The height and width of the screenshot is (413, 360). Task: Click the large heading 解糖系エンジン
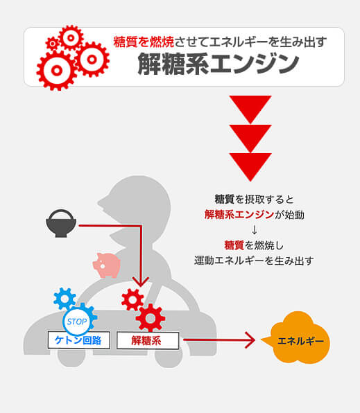(x=218, y=64)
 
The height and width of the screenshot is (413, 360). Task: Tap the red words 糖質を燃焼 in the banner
(x=144, y=42)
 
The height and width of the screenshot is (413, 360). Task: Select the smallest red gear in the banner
(x=53, y=44)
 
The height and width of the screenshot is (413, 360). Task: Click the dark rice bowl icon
(x=61, y=223)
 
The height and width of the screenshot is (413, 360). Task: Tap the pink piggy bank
(x=107, y=265)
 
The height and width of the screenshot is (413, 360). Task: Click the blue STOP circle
(x=76, y=322)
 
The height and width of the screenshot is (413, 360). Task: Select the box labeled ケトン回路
(x=79, y=340)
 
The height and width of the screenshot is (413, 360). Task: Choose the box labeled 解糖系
(x=148, y=340)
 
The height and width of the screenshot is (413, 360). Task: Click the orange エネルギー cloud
(x=298, y=338)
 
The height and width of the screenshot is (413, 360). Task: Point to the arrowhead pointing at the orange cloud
(x=250, y=340)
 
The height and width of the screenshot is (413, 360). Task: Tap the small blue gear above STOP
(x=65, y=299)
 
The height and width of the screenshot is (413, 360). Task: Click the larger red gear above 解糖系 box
(x=151, y=318)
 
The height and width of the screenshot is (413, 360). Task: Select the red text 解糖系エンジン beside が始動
(x=239, y=215)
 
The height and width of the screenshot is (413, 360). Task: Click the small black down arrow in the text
(x=255, y=230)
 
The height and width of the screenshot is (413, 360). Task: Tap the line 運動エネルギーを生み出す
(x=254, y=261)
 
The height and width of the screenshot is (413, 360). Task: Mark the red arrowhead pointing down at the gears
(x=141, y=282)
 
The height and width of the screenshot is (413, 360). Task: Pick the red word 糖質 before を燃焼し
(x=234, y=245)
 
